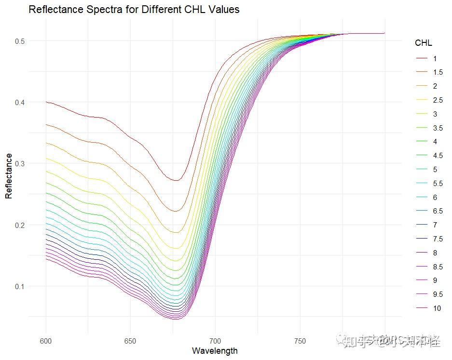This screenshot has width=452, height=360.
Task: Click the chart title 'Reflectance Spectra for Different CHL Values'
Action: coord(134,10)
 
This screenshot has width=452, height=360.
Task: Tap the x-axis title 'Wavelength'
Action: coord(215,350)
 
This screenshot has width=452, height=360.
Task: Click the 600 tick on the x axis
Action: coord(46,341)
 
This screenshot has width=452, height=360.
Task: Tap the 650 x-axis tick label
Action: coord(131,341)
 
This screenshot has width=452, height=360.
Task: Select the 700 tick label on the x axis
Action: coord(215,341)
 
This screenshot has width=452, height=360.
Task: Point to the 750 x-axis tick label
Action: coord(300,341)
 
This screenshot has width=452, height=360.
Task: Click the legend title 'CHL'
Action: coord(424,43)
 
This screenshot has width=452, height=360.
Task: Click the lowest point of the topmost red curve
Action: coord(177,180)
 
